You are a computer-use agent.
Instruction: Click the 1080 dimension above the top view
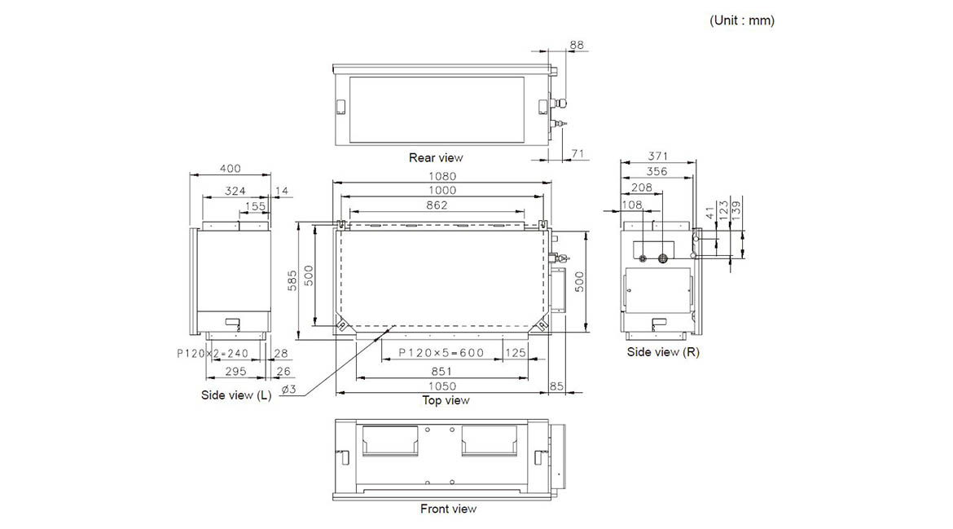click(x=441, y=176)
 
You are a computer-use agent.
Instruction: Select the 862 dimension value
click(x=437, y=205)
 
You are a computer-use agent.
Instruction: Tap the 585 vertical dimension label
click(x=292, y=281)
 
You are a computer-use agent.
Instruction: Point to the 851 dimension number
click(x=441, y=371)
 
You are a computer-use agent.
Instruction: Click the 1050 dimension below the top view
click(x=441, y=386)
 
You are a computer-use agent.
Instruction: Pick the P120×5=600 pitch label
click(x=441, y=353)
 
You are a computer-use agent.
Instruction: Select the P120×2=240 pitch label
click(x=213, y=353)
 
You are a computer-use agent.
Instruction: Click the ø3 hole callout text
click(x=288, y=389)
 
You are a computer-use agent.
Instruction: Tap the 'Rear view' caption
click(x=436, y=157)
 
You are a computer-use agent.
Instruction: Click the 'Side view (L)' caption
click(x=236, y=395)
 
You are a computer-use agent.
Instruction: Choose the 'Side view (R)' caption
click(x=663, y=352)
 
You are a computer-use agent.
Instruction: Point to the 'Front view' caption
click(x=449, y=509)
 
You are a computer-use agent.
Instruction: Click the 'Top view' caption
click(x=446, y=400)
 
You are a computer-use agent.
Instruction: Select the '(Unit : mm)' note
click(x=742, y=20)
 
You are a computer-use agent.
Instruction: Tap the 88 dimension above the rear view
click(x=576, y=45)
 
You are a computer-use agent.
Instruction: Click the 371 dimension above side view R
click(x=657, y=156)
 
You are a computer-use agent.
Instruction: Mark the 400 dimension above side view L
click(x=230, y=169)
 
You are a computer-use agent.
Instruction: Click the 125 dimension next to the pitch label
click(x=516, y=353)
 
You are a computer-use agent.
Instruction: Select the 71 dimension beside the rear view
click(x=578, y=154)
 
